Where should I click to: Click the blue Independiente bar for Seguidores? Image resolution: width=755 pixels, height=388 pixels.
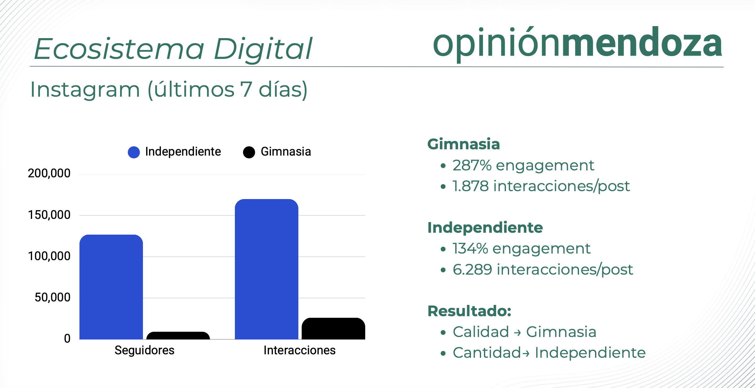click(x=111, y=287)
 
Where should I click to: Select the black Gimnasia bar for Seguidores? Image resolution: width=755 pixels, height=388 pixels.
click(x=178, y=335)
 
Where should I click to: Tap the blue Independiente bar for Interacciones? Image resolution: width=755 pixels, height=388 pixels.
click(x=266, y=269)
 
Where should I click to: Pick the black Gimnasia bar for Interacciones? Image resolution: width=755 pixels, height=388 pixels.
click(x=333, y=328)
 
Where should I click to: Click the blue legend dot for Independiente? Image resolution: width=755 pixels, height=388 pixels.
click(x=134, y=152)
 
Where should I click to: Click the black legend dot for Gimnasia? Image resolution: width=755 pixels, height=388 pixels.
click(x=249, y=152)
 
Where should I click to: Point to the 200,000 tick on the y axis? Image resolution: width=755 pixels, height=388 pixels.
click(x=49, y=173)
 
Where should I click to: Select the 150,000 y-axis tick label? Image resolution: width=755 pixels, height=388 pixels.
click(x=49, y=215)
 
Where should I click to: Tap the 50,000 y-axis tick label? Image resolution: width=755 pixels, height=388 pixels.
click(x=53, y=297)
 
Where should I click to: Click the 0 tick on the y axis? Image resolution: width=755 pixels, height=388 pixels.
click(x=67, y=339)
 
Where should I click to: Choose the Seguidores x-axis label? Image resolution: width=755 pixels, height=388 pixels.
click(x=145, y=350)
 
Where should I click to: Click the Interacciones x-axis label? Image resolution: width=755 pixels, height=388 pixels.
click(x=300, y=350)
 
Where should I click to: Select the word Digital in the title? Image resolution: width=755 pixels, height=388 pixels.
click(x=263, y=49)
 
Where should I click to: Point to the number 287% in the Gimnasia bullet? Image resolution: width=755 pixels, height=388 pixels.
click(x=472, y=165)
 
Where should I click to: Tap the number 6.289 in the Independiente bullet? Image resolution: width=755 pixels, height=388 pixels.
click(x=472, y=270)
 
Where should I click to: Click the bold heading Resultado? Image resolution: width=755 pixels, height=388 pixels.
click(x=469, y=311)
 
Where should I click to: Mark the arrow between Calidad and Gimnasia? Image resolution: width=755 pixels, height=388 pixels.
click(x=518, y=333)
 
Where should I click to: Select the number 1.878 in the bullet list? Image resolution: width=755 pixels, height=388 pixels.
click(x=471, y=186)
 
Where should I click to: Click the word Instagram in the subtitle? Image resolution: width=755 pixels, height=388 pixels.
click(x=85, y=89)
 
